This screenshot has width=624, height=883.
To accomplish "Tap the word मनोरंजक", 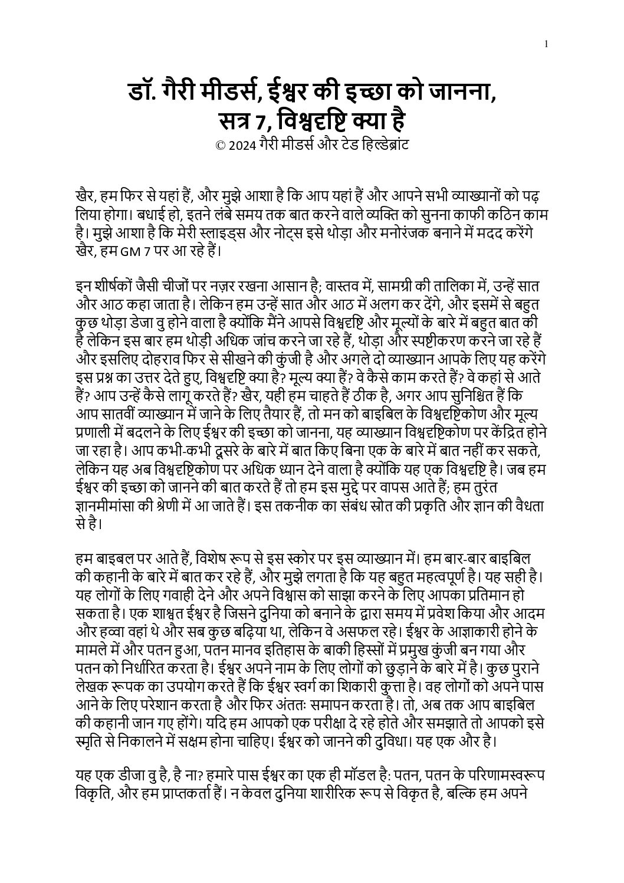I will click(417, 232).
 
